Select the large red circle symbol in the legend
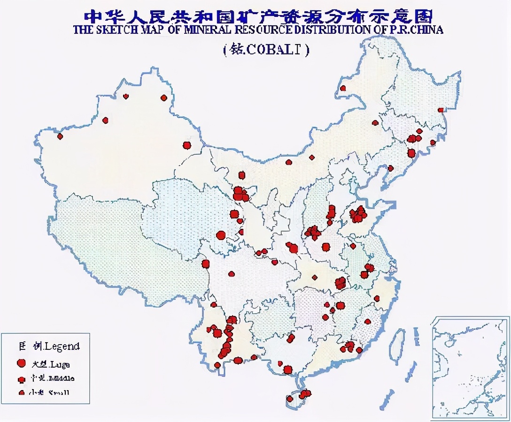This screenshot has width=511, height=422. [21, 363]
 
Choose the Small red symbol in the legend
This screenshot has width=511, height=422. [21, 393]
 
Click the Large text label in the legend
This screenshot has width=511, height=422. [58, 363]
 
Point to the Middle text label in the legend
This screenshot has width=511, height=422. [62, 378]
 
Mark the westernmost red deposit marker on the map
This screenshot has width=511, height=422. [60, 136]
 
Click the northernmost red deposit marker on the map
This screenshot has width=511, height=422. [343, 88]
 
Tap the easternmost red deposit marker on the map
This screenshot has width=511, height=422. [441, 110]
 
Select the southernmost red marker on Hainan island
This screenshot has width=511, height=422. [290, 399]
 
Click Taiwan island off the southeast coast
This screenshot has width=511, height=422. [398, 341]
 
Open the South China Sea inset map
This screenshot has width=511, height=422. [470, 368]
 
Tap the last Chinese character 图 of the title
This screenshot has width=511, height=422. [423, 15]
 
